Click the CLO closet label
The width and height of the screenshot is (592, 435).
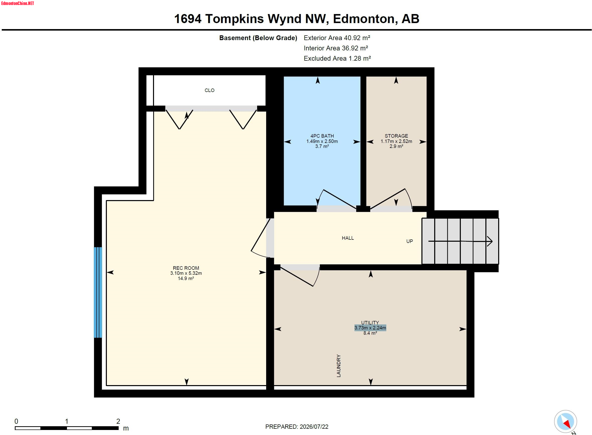point(209,90)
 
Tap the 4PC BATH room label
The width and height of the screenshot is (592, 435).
point(322,136)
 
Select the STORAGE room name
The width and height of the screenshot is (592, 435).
point(396,136)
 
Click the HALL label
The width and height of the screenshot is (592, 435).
point(348,238)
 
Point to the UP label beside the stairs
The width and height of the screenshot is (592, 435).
point(409,241)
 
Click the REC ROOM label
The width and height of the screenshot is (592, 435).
point(186,268)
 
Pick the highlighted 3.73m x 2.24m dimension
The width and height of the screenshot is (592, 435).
point(370,328)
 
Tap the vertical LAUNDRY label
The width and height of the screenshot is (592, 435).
point(339,366)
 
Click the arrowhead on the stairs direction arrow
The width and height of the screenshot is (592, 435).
point(489,241)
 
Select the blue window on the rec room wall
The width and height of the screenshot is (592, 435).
point(98,292)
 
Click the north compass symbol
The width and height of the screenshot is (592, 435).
point(565,421)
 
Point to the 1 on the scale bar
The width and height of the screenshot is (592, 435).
point(67,421)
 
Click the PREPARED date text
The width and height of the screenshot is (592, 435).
point(297,426)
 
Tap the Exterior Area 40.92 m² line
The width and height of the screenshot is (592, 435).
point(337,38)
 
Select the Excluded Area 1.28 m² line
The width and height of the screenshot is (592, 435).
point(337,58)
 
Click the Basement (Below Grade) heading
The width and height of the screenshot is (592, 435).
point(258,38)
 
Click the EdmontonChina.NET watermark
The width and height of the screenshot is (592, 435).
point(18,4)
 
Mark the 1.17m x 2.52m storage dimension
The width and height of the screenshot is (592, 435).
point(396,141)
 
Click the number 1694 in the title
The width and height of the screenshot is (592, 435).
point(188,19)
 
